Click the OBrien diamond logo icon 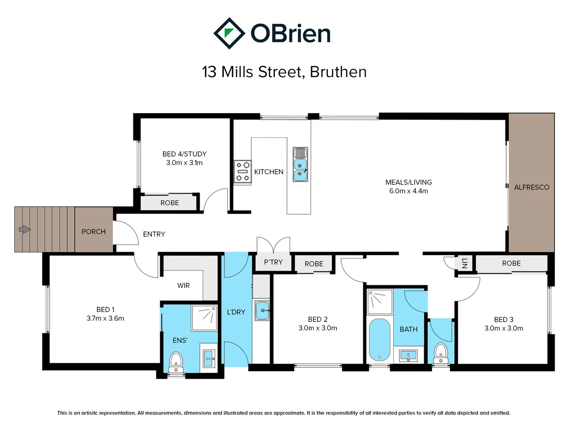229,33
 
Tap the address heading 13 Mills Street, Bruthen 284,72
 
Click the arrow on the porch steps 25,229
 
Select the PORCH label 93,232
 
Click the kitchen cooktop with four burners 243,172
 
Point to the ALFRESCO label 531,187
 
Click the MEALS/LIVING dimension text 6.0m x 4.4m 408,191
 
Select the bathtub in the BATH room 379,339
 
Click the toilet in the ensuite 176,362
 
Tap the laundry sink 262,310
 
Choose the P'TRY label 273,262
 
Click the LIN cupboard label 465,263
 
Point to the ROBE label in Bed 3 511,263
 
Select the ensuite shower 204,317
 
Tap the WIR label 183,285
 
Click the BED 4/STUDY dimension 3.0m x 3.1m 184,163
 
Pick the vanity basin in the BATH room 409,355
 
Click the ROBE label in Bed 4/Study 170,203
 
